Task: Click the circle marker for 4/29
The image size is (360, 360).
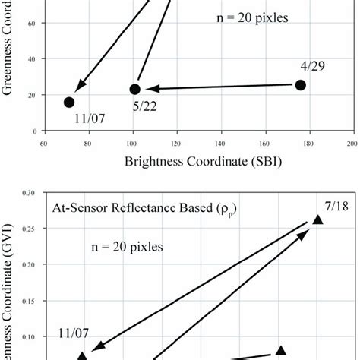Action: (300, 85)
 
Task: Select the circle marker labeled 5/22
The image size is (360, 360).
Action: (135, 90)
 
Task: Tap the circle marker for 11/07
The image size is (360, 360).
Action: (69, 102)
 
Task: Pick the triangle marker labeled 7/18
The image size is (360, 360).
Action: (317, 220)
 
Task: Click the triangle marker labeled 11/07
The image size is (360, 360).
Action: (82, 355)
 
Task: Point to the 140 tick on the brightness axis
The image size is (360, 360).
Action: (220, 142)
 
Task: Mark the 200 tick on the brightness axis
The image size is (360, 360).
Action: (352, 142)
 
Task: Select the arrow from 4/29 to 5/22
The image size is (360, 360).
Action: (220, 87)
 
